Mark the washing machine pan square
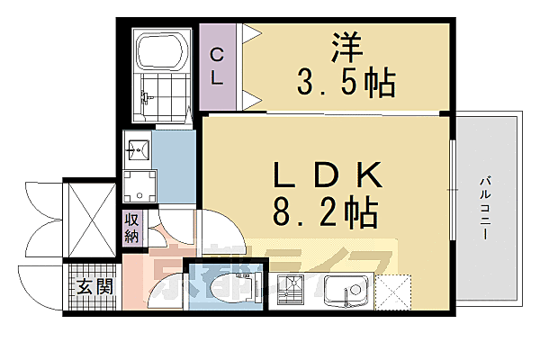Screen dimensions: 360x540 [139, 187]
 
